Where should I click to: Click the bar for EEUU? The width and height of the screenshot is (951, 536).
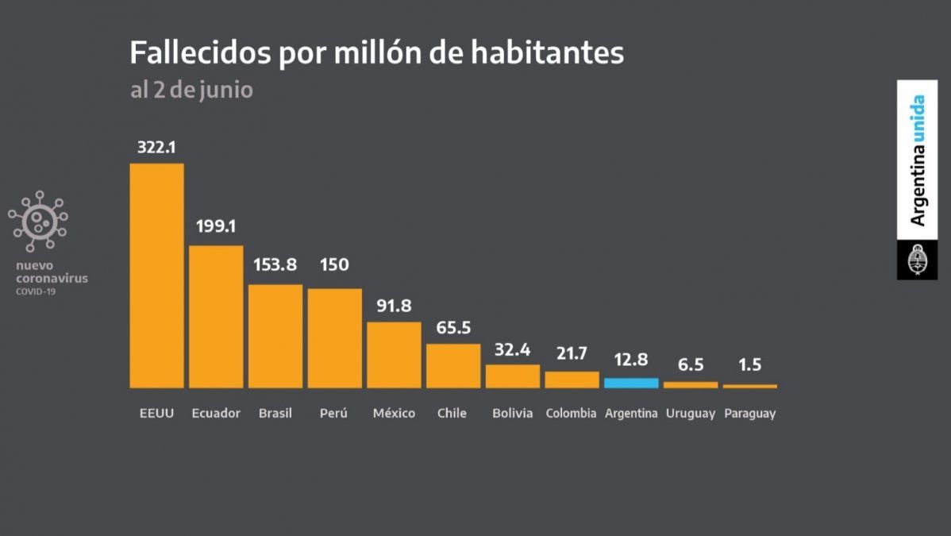pyautogui.click(x=156, y=276)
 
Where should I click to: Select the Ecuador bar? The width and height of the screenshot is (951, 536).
pyautogui.click(x=216, y=316)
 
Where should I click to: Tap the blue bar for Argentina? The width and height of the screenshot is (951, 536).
pyautogui.click(x=631, y=383)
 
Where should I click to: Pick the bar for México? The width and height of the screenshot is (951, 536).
pyautogui.click(x=394, y=354)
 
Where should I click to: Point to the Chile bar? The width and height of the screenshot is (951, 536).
pyautogui.click(x=453, y=365)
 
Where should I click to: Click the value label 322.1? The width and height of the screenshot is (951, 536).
pyautogui.click(x=156, y=147)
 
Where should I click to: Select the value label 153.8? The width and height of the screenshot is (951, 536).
pyautogui.click(x=275, y=265)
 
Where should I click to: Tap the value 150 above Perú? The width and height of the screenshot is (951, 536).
pyautogui.click(x=334, y=265)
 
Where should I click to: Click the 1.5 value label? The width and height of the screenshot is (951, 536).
pyautogui.click(x=749, y=364)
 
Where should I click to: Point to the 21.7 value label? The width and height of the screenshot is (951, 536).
pyautogui.click(x=572, y=353)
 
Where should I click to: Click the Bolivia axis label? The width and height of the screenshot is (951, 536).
pyautogui.click(x=512, y=414)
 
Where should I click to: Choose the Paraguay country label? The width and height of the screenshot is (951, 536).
pyautogui.click(x=749, y=414)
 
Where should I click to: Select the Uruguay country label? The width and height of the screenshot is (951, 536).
pyautogui.click(x=691, y=414)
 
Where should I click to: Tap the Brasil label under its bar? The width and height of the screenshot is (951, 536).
pyautogui.click(x=275, y=414)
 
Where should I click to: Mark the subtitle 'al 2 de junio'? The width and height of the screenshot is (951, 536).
pyautogui.click(x=191, y=90)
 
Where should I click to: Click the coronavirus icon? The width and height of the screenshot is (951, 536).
pyautogui.click(x=37, y=221)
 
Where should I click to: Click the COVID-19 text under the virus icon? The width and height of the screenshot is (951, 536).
pyautogui.click(x=36, y=291)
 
